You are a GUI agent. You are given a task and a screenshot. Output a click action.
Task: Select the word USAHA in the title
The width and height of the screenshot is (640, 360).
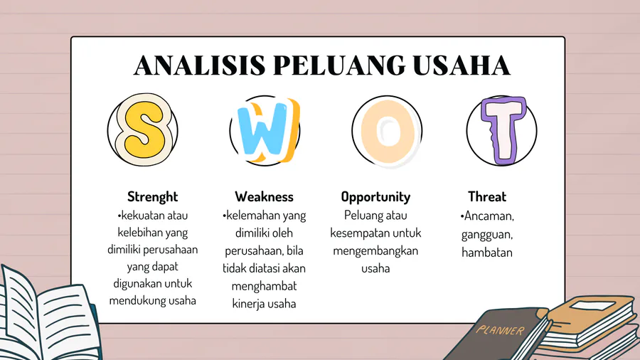(x=462, y=65)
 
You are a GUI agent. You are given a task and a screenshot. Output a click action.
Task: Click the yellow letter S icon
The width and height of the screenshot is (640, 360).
(x=144, y=130)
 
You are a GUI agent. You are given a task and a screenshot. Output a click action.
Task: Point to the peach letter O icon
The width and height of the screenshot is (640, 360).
(x=388, y=132)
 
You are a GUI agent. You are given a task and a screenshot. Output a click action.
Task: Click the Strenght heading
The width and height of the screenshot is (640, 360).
(x=153, y=197)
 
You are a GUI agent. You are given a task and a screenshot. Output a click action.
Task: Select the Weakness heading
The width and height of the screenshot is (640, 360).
(x=264, y=197)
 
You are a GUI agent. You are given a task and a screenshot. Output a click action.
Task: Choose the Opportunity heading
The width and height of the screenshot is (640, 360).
(x=375, y=197)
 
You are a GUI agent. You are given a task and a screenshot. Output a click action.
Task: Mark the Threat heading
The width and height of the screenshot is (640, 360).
(x=487, y=197)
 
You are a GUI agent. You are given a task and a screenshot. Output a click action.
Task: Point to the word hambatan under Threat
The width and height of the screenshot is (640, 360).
(x=487, y=253)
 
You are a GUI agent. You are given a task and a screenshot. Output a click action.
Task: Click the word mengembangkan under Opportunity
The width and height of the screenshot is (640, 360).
(x=375, y=250)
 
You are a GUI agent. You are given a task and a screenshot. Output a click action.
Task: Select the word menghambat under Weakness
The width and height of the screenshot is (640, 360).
(x=264, y=286)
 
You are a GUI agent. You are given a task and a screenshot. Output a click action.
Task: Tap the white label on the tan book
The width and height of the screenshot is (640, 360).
(x=592, y=306)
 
